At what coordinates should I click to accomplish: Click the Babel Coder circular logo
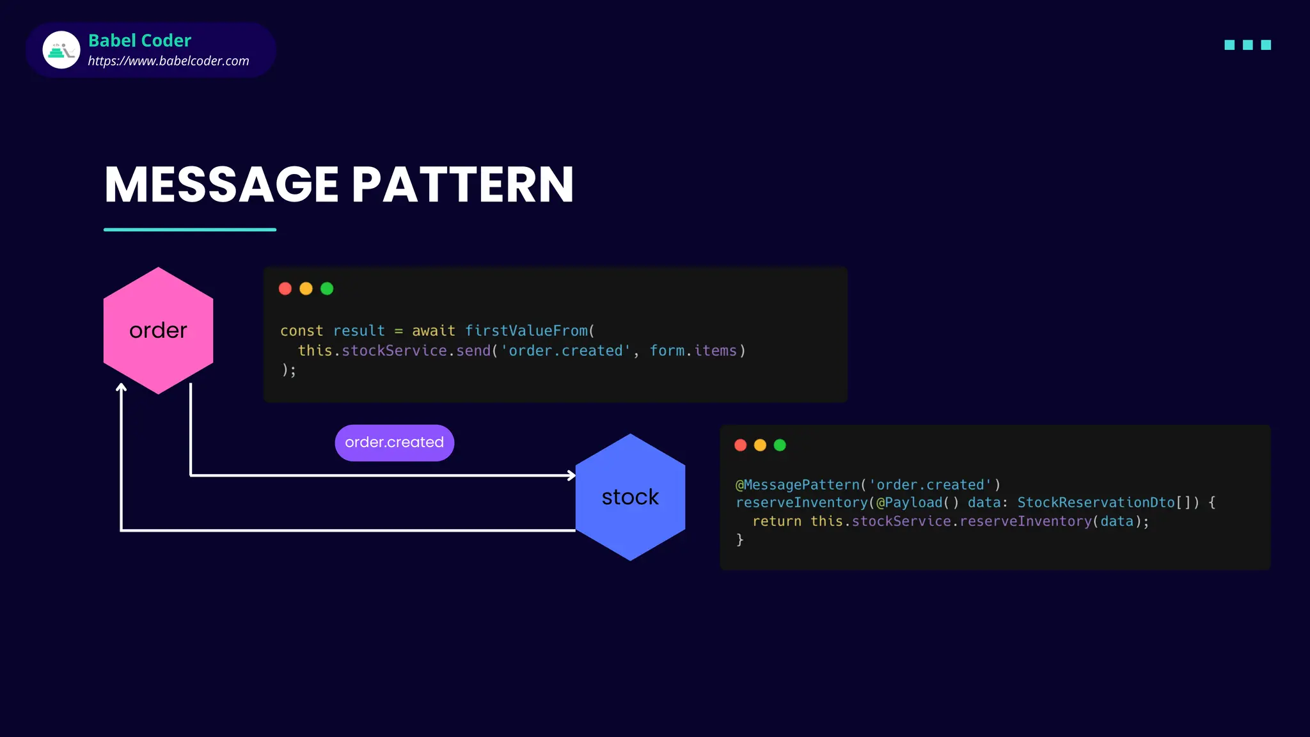click(61, 50)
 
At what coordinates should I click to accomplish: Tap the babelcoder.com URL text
click(168, 61)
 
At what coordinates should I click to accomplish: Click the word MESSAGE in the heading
click(221, 185)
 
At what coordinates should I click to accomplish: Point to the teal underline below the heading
click(190, 229)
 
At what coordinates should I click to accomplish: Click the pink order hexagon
click(158, 330)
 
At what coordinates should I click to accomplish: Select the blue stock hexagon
click(630, 497)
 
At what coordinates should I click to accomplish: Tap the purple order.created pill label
click(394, 442)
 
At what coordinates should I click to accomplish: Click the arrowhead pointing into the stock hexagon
click(571, 475)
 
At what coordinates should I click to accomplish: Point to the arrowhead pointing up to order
click(121, 387)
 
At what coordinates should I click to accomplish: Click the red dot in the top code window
click(285, 289)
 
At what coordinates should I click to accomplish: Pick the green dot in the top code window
click(327, 289)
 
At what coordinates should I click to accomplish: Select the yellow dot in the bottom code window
click(760, 445)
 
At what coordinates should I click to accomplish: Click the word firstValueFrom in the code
click(526, 331)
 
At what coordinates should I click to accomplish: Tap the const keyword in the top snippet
click(301, 331)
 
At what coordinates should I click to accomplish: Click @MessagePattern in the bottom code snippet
click(797, 485)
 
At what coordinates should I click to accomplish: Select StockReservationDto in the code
click(1096, 503)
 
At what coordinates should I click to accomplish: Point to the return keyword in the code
click(777, 521)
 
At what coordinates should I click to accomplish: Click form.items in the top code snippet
click(693, 351)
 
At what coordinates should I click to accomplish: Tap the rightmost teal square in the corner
click(1266, 45)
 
